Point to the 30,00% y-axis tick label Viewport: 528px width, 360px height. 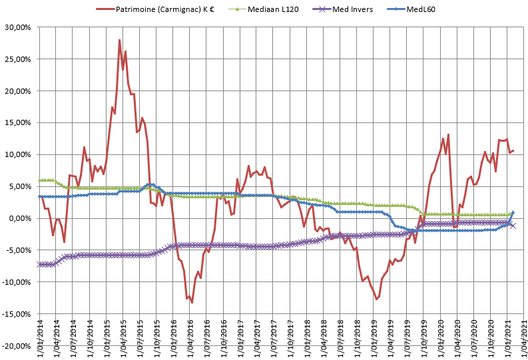coord(18,27)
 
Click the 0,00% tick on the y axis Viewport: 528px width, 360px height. coord(20,218)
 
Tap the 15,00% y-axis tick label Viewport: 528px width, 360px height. coord(18,122)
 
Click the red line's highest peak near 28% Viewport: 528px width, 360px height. coord(119,40)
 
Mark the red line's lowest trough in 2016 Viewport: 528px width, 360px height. coord(192,303)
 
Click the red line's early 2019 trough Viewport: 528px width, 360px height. coord(376,299)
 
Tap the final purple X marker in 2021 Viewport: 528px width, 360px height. coord(513,226)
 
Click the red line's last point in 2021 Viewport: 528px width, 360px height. coord(513,150)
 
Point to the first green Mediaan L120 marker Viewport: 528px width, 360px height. coord(39,180)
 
